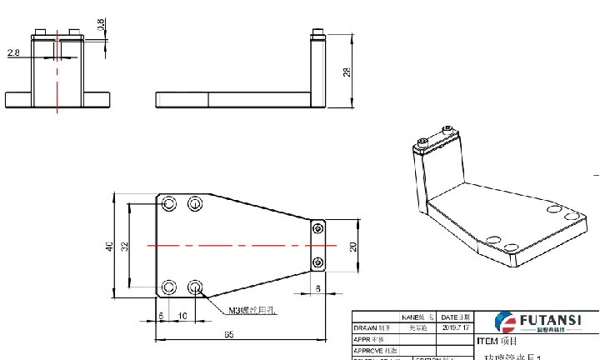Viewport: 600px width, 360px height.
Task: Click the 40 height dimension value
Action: (x=107, y=246)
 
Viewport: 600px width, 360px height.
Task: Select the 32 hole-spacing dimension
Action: (x=124, y=246)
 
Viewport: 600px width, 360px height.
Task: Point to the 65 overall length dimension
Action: (x=228, y=334)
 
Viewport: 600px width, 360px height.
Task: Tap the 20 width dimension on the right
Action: (x=352, y=246)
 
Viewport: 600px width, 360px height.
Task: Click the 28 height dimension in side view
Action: (x=347, y=72)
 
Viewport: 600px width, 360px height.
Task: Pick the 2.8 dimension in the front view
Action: (x=12, y=53)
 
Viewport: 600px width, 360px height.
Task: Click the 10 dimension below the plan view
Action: (x=182, y=315)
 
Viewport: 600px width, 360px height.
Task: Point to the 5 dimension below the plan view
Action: (x=161, y=315)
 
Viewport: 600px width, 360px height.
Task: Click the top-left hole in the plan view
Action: (x=170, y=204)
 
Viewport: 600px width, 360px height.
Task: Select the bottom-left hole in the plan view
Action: (x=170, y=287)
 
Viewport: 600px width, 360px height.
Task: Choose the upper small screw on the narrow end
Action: (x=317, y=228)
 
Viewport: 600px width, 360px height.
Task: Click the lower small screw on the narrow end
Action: (x=317, y=263)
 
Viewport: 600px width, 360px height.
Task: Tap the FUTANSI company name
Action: (x=550, y=318)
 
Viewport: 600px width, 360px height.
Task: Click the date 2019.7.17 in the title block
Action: (x=456, y=328)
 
